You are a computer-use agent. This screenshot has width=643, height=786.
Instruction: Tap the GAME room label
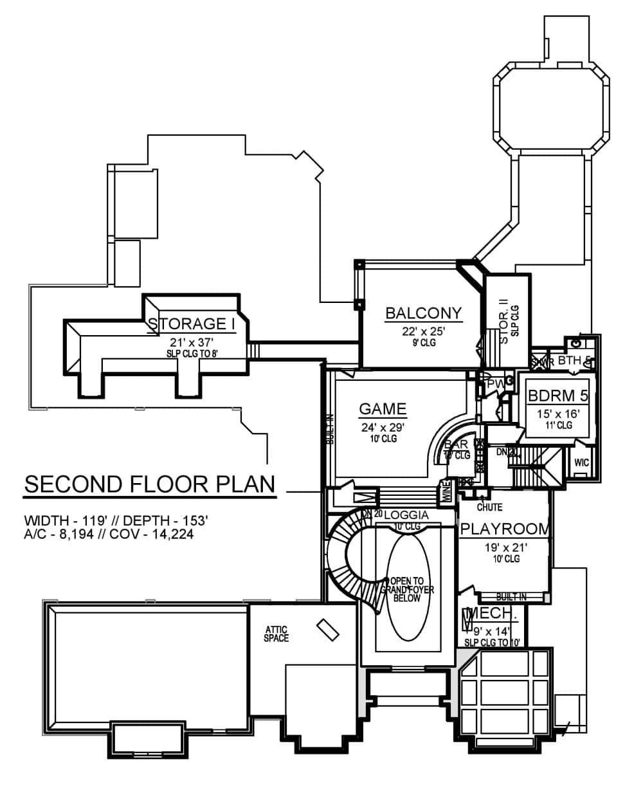pos(383,409)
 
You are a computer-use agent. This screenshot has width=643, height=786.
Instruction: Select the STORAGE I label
pos(192,324)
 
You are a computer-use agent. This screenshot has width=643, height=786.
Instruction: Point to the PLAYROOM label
pos(505,529)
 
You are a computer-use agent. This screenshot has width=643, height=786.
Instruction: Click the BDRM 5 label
pos(557,395)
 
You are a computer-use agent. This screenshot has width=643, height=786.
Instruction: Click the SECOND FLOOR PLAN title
pos(150,484)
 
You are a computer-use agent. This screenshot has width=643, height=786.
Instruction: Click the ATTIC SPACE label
pos(276,634)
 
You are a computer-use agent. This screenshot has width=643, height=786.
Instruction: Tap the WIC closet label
pos(581,462)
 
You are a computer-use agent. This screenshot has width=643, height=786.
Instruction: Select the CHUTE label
pos(489,507)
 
